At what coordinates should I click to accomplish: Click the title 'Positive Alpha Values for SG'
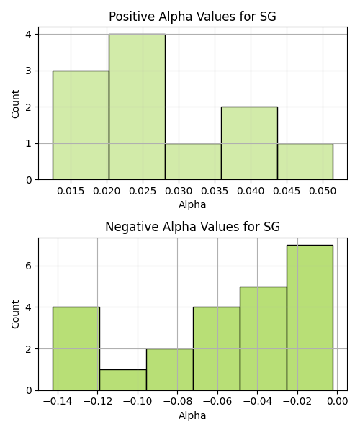coord(192,17)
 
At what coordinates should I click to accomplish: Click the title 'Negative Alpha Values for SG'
coord(192,227)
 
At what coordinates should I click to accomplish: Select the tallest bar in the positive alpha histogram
coord(137,107)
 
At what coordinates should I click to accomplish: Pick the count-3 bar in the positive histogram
coord(81,125)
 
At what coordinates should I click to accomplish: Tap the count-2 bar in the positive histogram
coord(249,143)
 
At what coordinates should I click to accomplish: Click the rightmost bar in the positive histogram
coord(305,161)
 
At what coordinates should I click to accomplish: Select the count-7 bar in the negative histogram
coord(310,318)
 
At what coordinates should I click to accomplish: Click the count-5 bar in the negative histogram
coord(264,338)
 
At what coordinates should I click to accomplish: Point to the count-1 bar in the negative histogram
coord(123,380)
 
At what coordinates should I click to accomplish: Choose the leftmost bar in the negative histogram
coord(76,348)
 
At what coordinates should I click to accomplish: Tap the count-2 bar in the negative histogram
coord(170,370)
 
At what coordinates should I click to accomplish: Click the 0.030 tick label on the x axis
coord(179,191)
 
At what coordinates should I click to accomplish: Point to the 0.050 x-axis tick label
coord(323,191)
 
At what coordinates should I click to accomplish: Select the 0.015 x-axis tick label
coord(71,191)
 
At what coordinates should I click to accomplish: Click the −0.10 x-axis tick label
coord(138,402)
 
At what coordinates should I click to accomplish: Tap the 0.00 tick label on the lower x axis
coord(338,402)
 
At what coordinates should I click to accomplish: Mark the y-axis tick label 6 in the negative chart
coord(30,266)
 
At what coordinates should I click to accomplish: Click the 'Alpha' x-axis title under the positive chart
coord(192,204)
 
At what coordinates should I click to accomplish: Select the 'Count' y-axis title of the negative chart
coord(15,314)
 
